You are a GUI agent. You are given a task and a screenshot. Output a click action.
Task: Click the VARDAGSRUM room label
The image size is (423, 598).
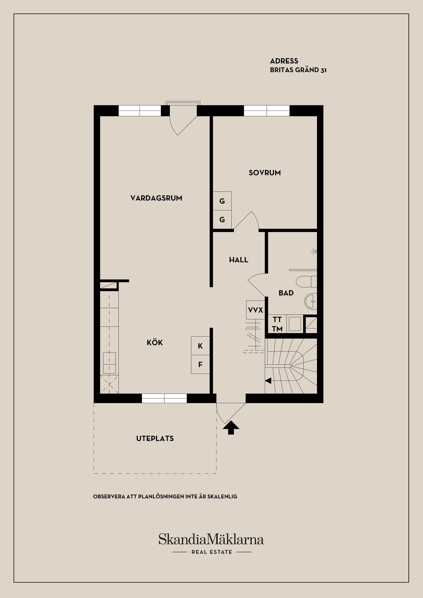coord(156,198)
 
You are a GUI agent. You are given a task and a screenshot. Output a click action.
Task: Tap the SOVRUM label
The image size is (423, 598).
coord(265,173)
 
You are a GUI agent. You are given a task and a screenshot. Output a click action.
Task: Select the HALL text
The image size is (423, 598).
coord(239,260)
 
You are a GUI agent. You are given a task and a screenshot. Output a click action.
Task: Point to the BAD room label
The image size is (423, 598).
coord(286,293)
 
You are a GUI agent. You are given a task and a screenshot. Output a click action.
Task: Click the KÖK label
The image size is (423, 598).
coord(155,342)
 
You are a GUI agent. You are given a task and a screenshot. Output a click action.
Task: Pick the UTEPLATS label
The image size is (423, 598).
coord(155,438)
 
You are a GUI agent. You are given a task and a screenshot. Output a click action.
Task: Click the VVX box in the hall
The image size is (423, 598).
coord(256,310)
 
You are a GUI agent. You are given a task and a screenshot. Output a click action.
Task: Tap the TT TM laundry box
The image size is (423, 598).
coord(277,324)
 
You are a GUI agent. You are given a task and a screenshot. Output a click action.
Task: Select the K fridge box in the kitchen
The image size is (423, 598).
coord(200,346)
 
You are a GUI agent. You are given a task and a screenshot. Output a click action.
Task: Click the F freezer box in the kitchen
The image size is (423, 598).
coord(200,364)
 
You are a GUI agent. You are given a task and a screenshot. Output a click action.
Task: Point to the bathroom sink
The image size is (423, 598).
coord(311,301)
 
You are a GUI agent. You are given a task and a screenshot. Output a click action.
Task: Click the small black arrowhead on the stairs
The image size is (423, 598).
coord(268,381)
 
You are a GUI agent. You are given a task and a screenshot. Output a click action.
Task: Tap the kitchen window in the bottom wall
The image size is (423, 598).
coord(164,398)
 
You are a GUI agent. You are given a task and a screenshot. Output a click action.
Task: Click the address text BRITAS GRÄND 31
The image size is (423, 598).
coord(298,70)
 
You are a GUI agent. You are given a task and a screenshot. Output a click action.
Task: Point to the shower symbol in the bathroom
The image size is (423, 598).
coord(314,251)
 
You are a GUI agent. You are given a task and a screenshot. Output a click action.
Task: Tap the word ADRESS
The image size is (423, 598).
coord(284,61)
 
